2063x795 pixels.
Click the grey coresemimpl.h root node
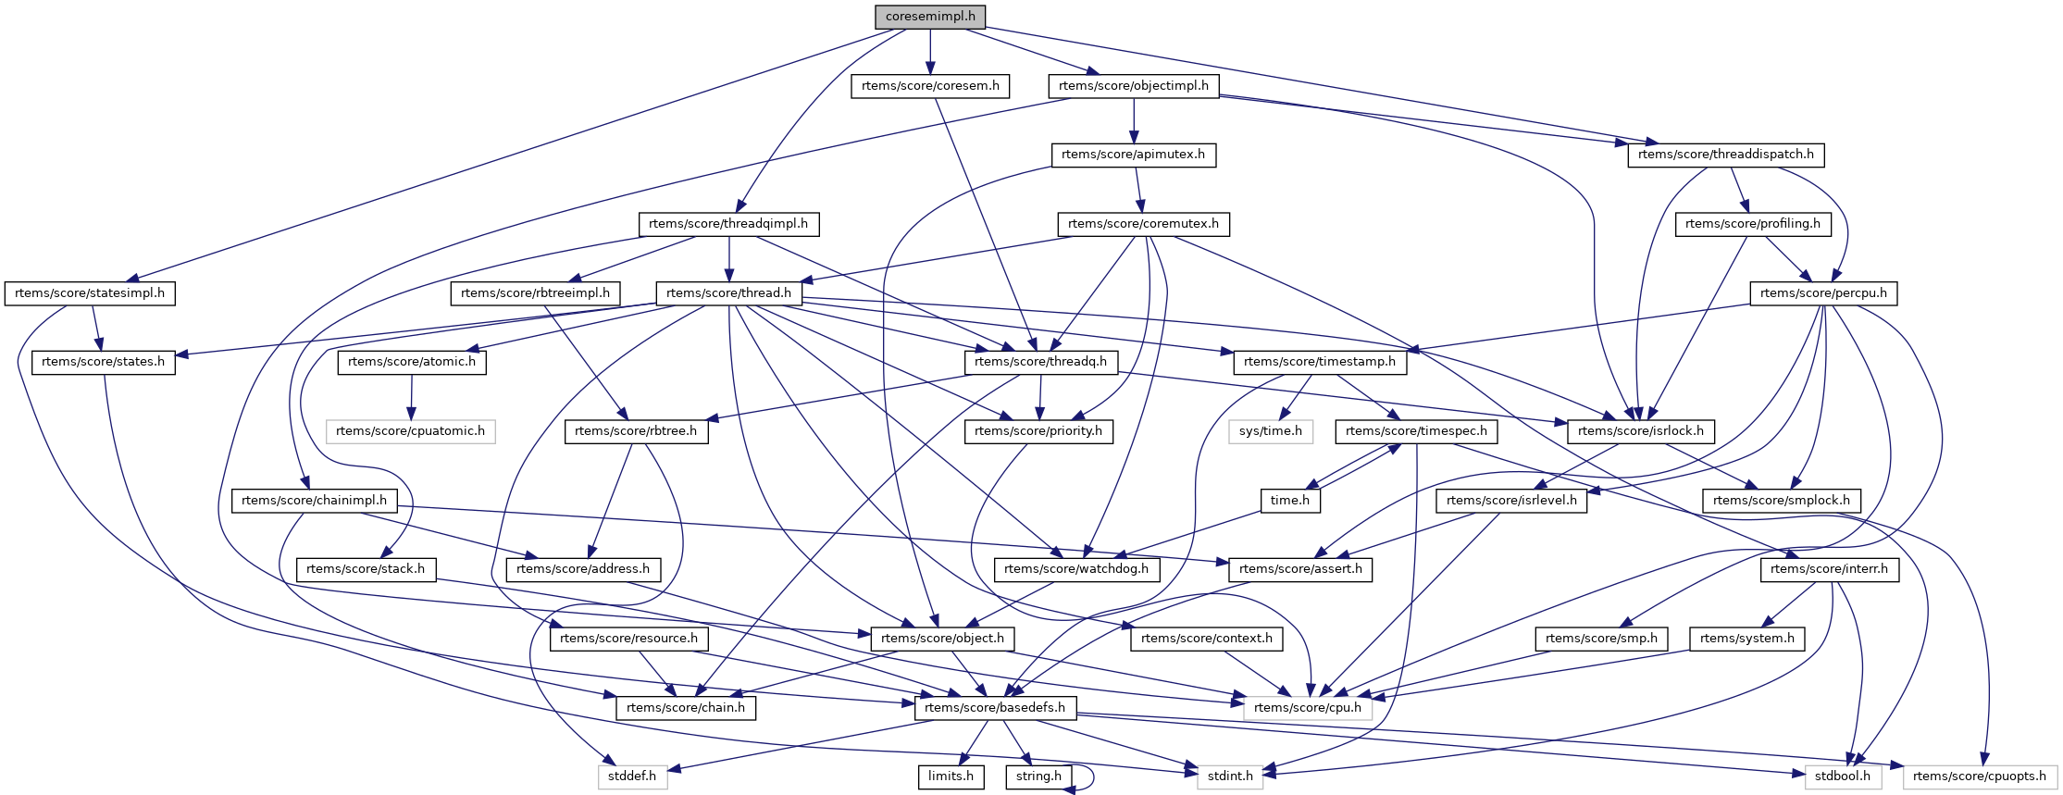(929, 17)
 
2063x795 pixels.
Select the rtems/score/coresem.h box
(929, 86)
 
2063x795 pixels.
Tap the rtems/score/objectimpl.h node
(1133, 86)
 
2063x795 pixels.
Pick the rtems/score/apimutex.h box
(1133, 155)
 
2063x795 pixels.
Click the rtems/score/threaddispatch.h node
(1725, 155)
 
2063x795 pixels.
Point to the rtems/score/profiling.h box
(1752, 224)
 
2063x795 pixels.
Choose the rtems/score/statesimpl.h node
(90, 293)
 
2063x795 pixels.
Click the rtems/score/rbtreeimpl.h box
(535, 293)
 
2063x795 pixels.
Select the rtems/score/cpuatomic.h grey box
(410, 431)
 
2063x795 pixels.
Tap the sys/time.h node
(1270, 431)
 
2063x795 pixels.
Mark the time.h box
(1289, 501)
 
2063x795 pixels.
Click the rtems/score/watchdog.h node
(1075, 569)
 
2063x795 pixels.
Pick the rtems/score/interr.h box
(1828, 569)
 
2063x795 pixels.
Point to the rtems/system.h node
(1746, 639)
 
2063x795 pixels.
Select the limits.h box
(951, 776)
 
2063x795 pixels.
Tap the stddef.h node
(632, 776)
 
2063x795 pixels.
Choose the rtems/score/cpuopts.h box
(1979, 776)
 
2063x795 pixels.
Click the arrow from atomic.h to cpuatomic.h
(411, 396)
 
